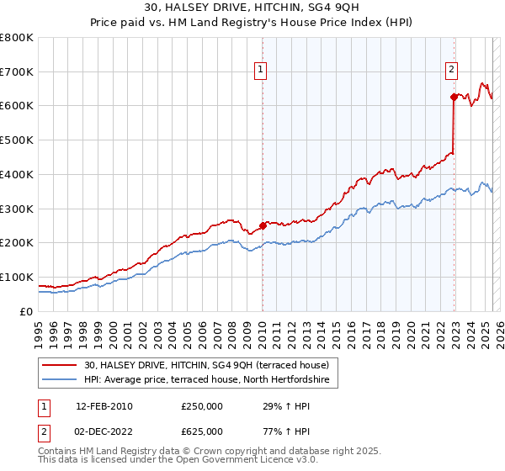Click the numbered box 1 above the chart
point(261,70)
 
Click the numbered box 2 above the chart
point(452,70)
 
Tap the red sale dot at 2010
point(262,225)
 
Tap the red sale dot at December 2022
point(454,97)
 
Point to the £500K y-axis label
point(16,140)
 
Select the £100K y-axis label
point(16,277)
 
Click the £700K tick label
point(16,72)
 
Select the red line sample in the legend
point(61,365)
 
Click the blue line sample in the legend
point(61,380)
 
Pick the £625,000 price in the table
point(202,431)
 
